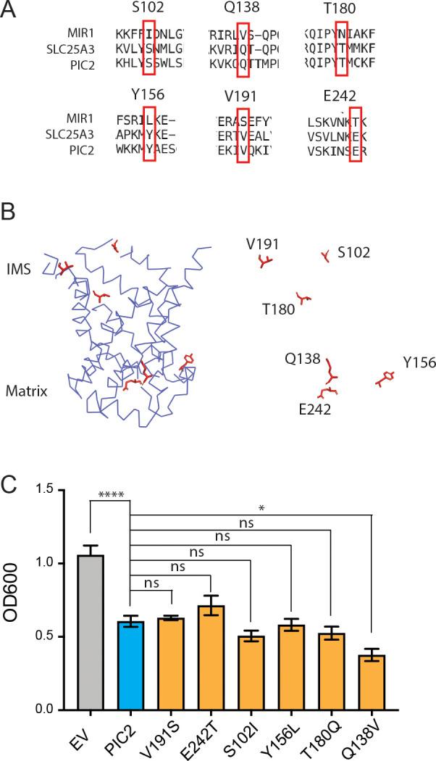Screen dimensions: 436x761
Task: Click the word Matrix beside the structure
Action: pos(27,391)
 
